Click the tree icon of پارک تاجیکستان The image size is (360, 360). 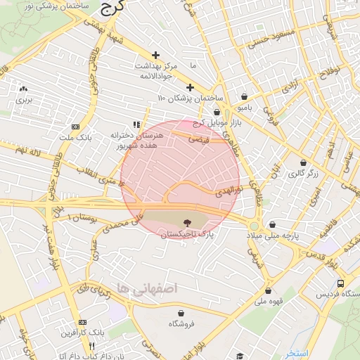pos(186,221)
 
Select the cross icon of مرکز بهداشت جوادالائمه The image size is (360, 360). pos(155,55)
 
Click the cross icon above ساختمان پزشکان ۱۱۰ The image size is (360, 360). pos(189,87)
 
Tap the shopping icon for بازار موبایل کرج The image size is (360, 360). pos(216,112)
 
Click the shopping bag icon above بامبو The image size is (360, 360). pos(244,97)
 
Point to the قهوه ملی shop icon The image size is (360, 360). pos(267,290)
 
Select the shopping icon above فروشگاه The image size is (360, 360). pos(181,314)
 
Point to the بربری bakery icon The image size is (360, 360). pos(24,89)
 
